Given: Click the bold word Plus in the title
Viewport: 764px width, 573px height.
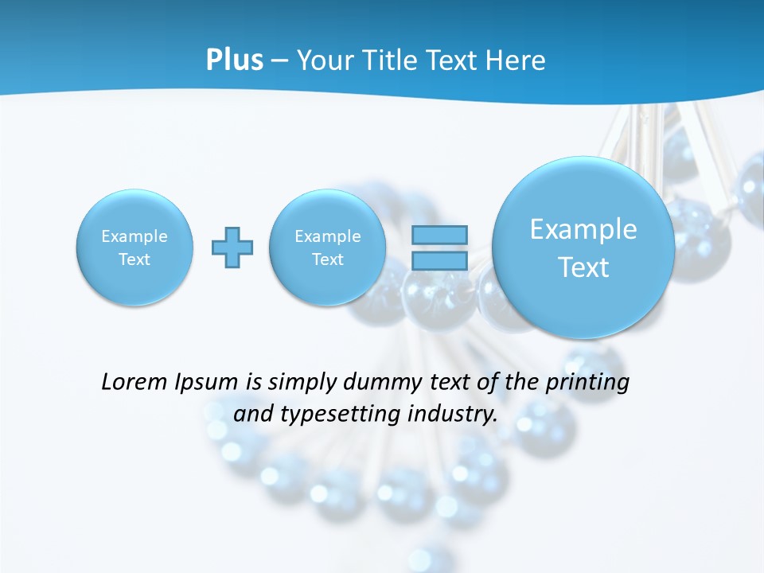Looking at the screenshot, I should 235,60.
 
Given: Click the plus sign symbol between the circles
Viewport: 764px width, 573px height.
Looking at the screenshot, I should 232,248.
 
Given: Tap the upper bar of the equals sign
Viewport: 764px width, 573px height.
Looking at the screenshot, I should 439,235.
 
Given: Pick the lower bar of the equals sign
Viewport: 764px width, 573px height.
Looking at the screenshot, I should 439,260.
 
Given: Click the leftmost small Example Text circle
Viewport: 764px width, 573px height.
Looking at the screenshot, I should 134,248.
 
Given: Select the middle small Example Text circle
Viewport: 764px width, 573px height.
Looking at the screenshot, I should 328,248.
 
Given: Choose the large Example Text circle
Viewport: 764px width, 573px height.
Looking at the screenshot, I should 583,248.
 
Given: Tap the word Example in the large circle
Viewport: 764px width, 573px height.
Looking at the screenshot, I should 583,229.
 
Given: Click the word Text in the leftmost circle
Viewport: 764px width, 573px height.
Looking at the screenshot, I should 134,259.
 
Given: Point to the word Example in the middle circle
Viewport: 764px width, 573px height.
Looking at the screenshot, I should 328,236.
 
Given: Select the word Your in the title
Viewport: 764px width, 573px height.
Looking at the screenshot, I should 325,60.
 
